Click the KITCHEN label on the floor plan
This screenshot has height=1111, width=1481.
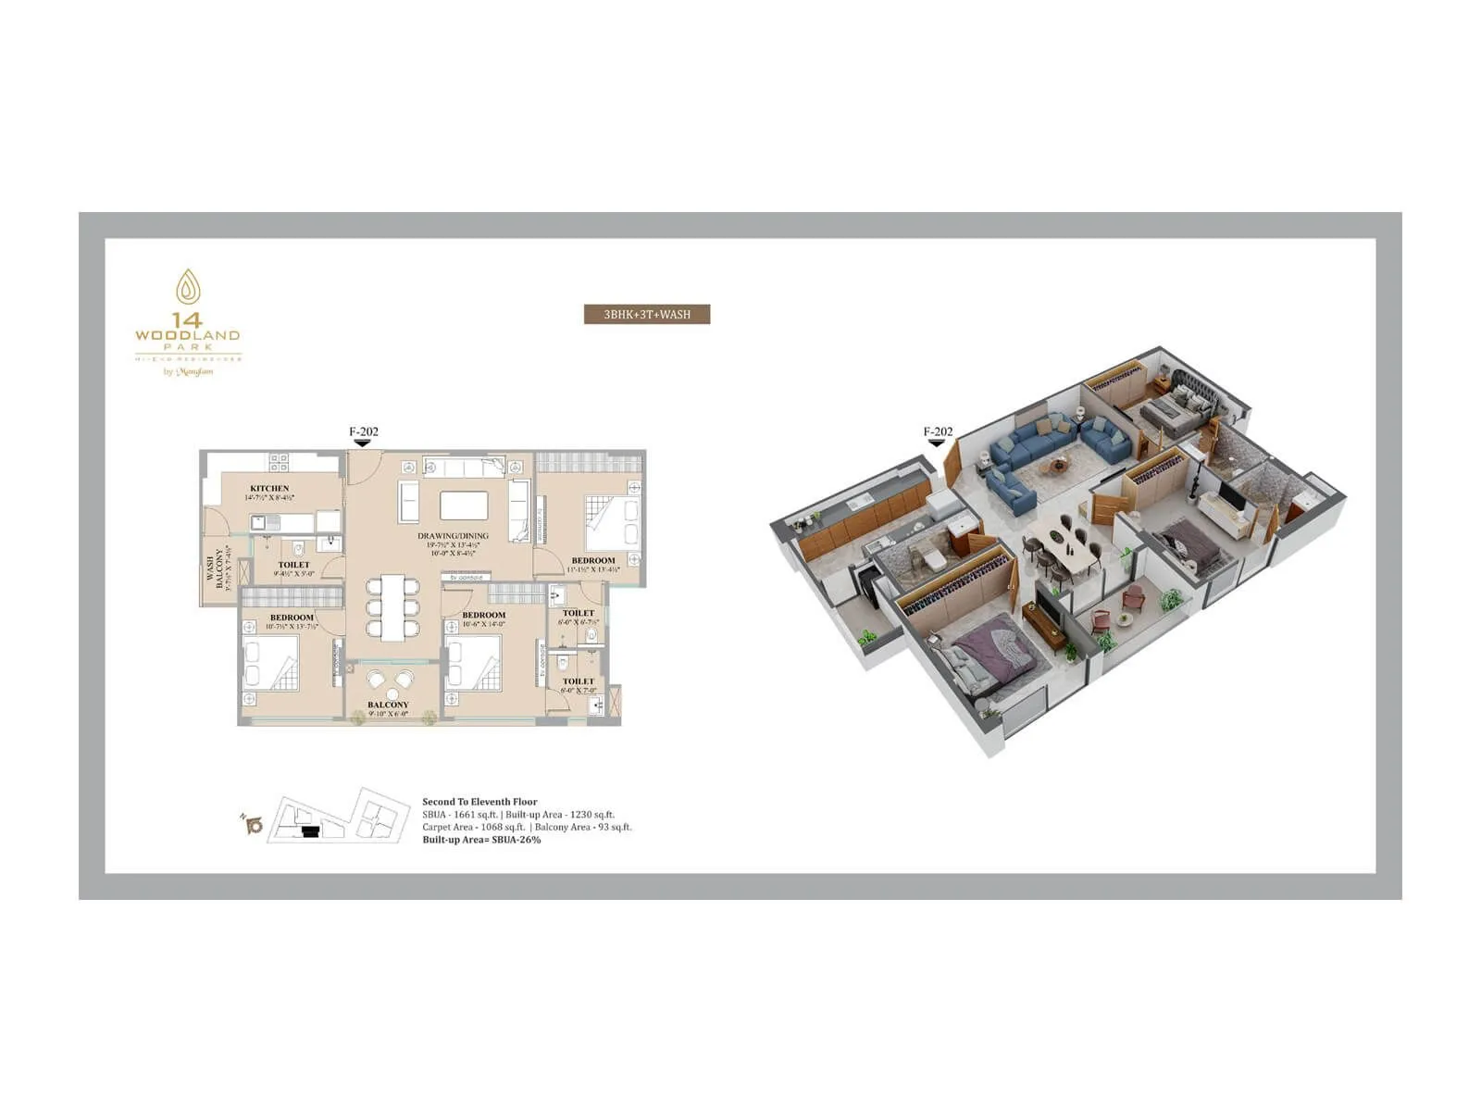[x=269, y=488]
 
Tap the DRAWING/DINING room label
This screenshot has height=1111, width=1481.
[x=453, y=536]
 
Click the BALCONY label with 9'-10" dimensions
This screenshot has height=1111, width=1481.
[x=388, y=705]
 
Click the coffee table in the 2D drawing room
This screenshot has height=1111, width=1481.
[x=464, y=506]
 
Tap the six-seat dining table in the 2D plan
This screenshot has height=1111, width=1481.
[x=392, y=607]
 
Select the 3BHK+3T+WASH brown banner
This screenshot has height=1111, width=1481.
[x=647, y=315]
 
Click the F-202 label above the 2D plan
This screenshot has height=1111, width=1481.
[x=363, y=431]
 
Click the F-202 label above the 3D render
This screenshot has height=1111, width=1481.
[x=938, y=431]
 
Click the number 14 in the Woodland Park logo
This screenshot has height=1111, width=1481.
[x=187, y=321]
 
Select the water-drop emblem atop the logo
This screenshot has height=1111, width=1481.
[x=188, y=287]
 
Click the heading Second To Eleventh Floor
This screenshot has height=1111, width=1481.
[x=479, y=802]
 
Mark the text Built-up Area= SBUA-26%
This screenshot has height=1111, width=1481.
[x=481, y=840]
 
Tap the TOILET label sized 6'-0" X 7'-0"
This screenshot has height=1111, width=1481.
[x=579, y=681]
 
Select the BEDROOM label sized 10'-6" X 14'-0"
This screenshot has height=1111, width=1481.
[x=483, y=615]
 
